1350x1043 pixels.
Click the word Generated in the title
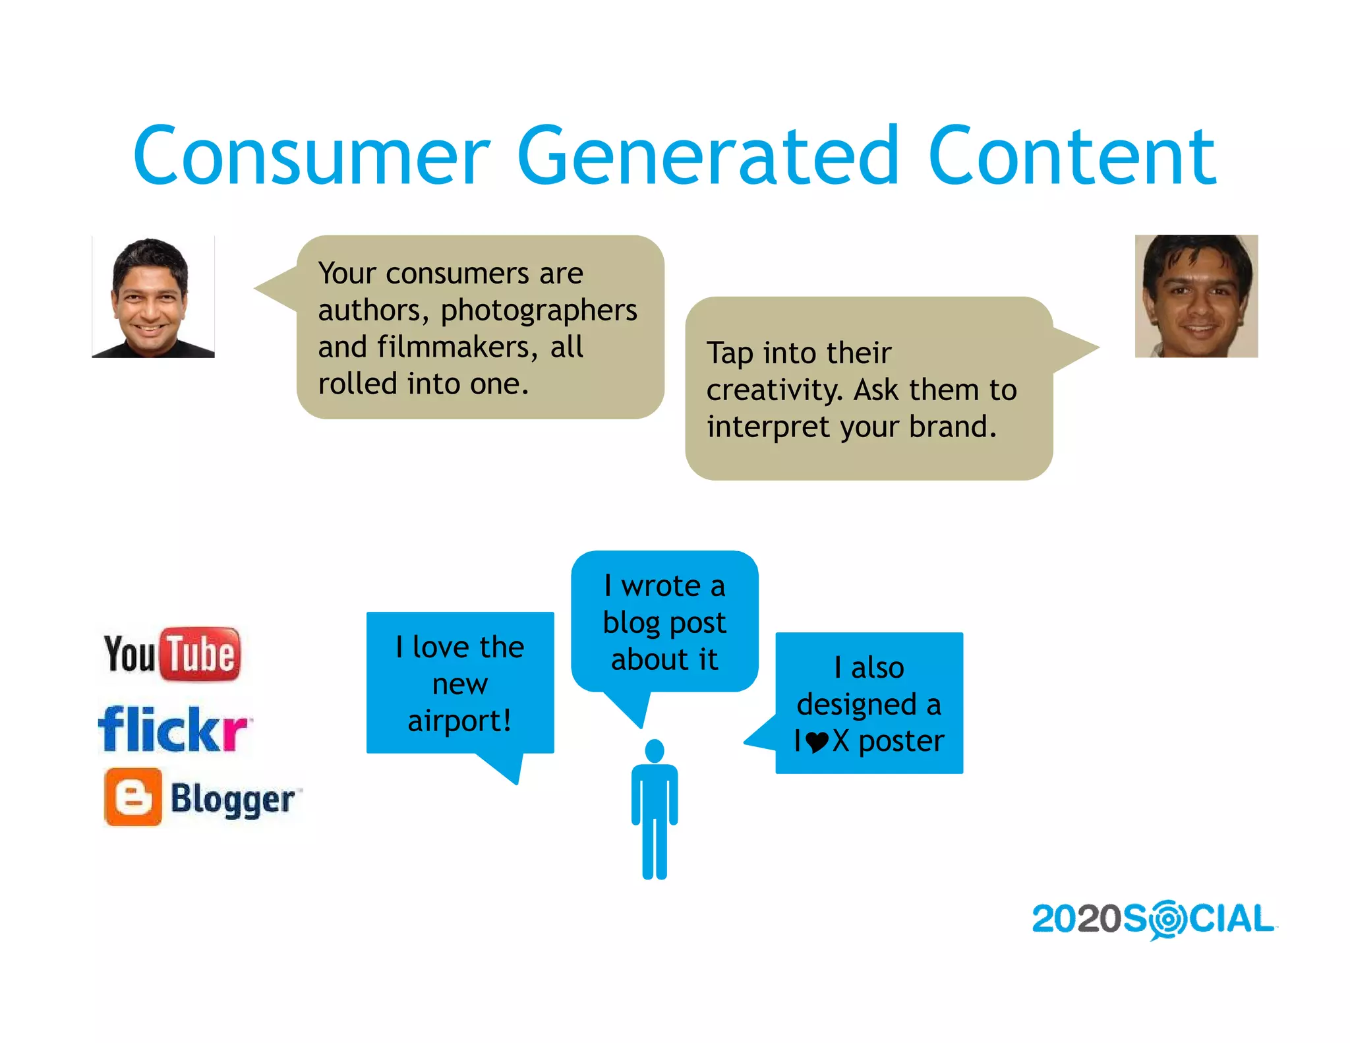click(708, 157)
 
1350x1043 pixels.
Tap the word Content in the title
click(1071, 157)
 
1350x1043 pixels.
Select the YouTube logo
click(172, 653)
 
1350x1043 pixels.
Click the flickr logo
click(173, 729)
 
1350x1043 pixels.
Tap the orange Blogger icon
click(133, 796)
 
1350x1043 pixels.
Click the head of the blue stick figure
click(655, 750)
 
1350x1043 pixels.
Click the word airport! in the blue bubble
click(459, 721)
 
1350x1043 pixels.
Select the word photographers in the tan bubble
click(539, 310)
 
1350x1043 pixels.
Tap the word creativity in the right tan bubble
click(774, 390)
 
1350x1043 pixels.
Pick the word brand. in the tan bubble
click(953, 427)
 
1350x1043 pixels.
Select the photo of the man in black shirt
click(153, 297)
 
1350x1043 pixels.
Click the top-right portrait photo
click(1196, 296)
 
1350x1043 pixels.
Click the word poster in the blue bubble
click(901, 742)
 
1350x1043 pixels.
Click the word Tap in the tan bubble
click(730, 353)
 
